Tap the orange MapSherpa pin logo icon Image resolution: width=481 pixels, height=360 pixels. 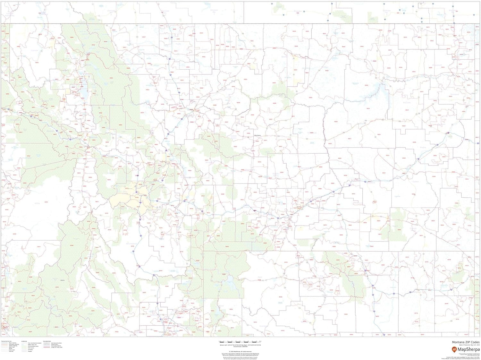click(x=454, y=349)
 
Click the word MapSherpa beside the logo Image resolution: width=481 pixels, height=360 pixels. click(x=468, y=349)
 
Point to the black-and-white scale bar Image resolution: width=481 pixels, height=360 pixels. click(x=240, y=341)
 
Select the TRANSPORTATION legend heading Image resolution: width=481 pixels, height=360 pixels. click(x=6, y=341)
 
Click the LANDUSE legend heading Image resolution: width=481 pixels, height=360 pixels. click(x=24, y=341)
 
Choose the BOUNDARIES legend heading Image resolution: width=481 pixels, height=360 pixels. click(x=47, y=341)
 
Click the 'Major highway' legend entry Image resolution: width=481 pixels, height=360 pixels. click(x=13, y=343)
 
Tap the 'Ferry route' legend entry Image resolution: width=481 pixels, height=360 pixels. click(x=11, y=350)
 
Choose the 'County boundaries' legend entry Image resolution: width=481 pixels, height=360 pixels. click(x=56, y=346)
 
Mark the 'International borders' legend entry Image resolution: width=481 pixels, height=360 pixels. click(x=56, y=343)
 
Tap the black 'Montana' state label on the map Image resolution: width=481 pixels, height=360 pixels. click(x=257, y=135)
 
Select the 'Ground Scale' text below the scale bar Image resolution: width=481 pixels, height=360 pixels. click(x=240, y=346)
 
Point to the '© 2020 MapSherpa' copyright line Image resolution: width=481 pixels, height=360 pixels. click(x=240, y=352)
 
